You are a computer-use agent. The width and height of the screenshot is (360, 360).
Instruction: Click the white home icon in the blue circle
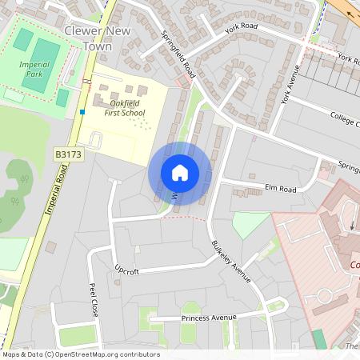click(179, 173)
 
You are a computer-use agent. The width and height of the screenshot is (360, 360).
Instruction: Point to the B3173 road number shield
click(69, 153)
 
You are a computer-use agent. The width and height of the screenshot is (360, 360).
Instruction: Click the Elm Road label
click(280, 189)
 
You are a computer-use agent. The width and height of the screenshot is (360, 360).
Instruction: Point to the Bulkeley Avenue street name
click(230, 261)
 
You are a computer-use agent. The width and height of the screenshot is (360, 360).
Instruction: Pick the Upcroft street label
click(126, 271)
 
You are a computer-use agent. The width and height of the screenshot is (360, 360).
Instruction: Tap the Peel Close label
click(94, 300)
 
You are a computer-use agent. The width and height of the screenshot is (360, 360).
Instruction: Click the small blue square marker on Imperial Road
click(82, 112)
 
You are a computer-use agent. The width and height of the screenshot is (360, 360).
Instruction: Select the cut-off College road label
click(345, 118)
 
